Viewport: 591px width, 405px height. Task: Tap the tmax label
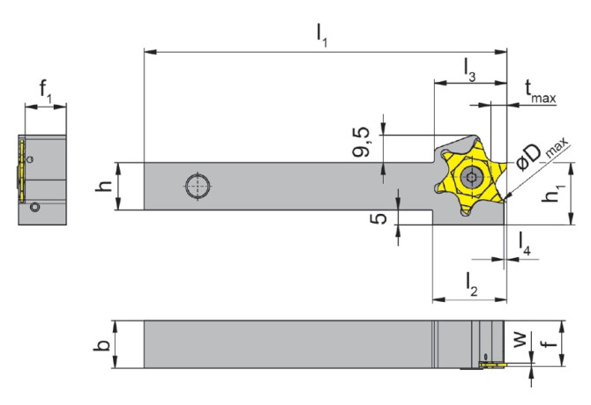539,92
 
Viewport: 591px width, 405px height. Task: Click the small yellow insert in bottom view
489,362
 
